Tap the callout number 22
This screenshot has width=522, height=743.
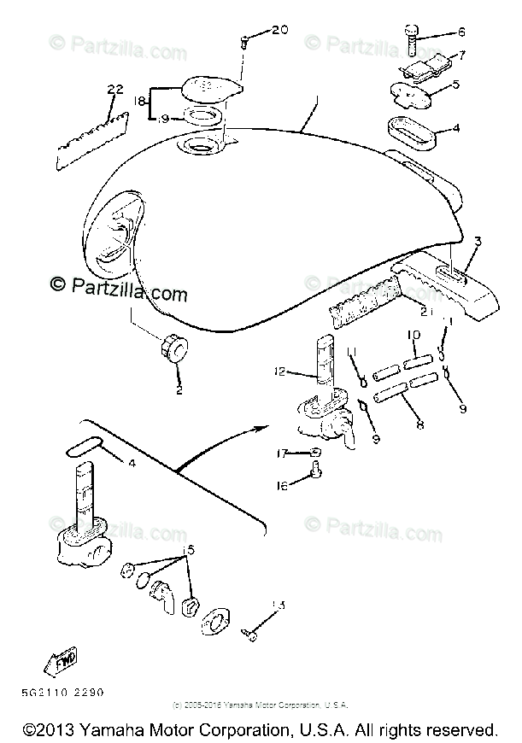pos(116,89)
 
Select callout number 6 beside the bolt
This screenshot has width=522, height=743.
pos(461,32)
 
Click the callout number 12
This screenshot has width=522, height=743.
pos(281,371)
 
